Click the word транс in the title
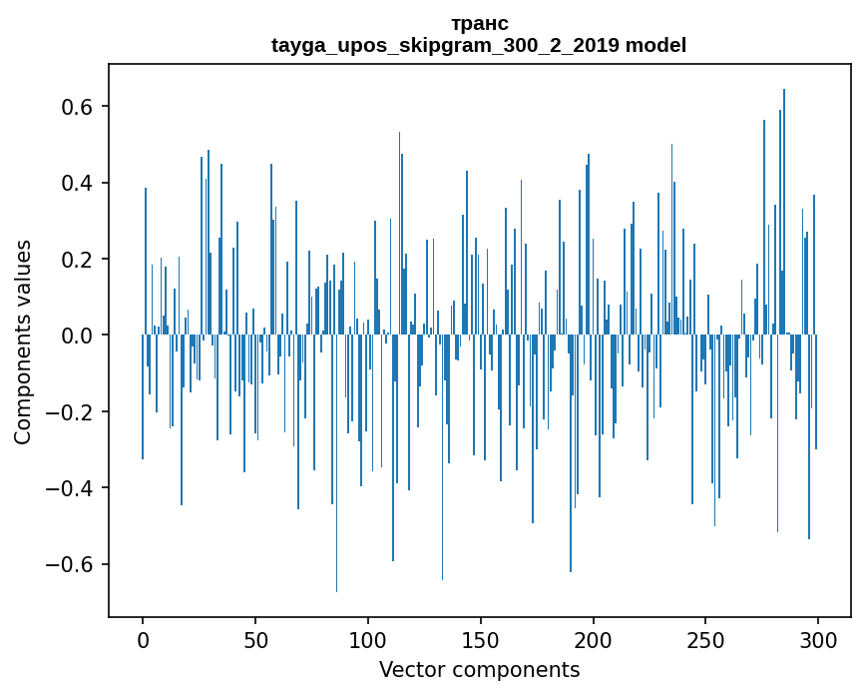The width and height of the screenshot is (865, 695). pos(479,23)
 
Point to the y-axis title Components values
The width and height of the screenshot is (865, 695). pos(23,342)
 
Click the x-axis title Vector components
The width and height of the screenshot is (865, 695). pos(479,669)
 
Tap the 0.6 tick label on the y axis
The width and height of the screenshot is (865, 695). pos(79,107)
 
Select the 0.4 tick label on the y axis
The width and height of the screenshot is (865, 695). pos(79,183)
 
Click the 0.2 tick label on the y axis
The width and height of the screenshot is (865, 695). pos(79,260)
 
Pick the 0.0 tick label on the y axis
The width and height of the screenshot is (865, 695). pos(79,336)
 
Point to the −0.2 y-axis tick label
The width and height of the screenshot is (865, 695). pos(72,411)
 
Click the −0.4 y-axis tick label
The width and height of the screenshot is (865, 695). pos(72,488)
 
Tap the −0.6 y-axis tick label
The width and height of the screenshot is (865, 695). pos(72,564)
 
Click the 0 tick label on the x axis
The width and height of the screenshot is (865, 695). pos(143,639)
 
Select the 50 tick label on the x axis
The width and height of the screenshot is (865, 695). pos(255,639)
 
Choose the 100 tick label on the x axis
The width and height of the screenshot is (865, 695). pos(368,639)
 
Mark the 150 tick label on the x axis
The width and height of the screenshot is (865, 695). pos(481,639)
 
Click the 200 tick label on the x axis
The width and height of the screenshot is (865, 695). pos(594,639)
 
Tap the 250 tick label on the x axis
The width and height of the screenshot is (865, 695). pos(705,639)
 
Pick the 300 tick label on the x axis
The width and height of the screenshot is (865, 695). pos(818,639)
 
